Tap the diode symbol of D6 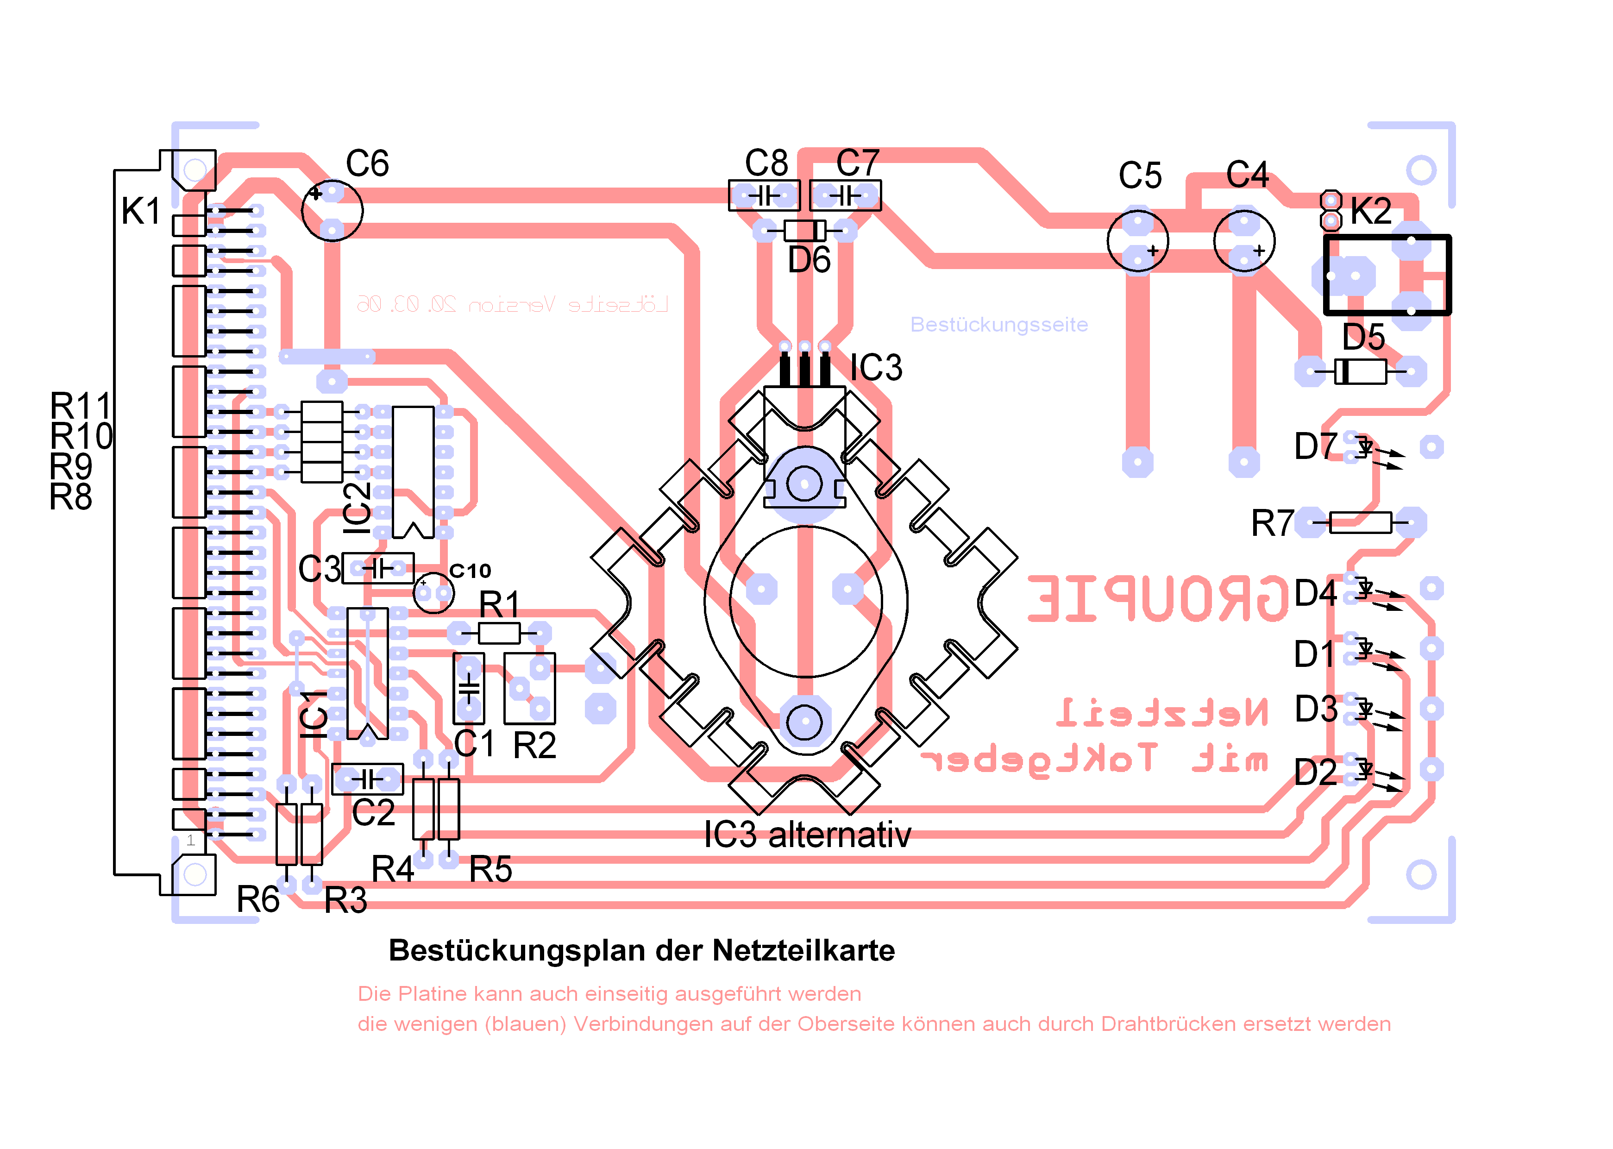[804, 231]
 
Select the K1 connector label [141, 211]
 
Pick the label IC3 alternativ [807, 835]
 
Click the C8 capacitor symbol [764, 195]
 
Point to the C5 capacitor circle [1137, 240]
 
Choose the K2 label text [1370, 211]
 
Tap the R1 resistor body [499, 633]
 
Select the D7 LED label [1315, 446]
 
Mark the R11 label [81, 407]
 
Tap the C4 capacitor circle [1244, 240]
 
